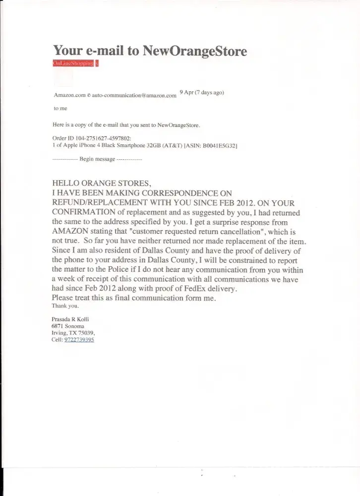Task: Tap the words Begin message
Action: coord(97,160)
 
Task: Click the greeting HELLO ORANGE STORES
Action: coord(100,183)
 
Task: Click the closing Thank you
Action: coord(62,306)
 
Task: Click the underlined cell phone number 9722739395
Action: coord(79,340)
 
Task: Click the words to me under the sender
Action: coord(60,108)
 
